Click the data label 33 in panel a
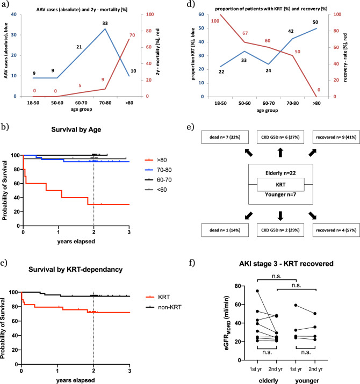tap(105, 23)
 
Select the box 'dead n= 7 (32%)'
tap(226, 137)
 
